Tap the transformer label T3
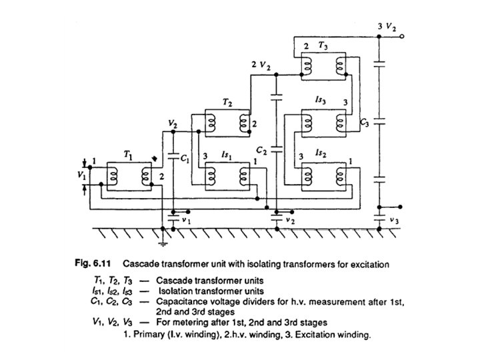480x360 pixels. (x=323, y=46)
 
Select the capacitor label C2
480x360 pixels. (x=262, y=149)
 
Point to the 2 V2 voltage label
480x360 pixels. (x=260, y=65)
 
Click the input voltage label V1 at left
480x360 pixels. (x=81, y=175)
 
